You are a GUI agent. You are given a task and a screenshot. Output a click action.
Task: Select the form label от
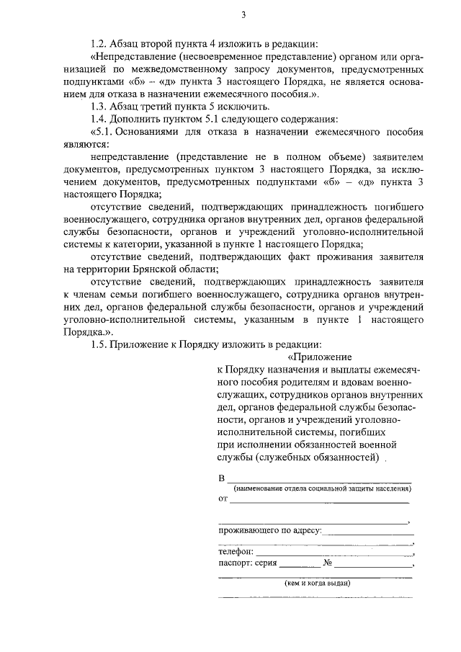[x=223, y=498]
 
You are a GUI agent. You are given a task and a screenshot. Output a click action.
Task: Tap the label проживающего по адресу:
[x=269, y=531]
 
